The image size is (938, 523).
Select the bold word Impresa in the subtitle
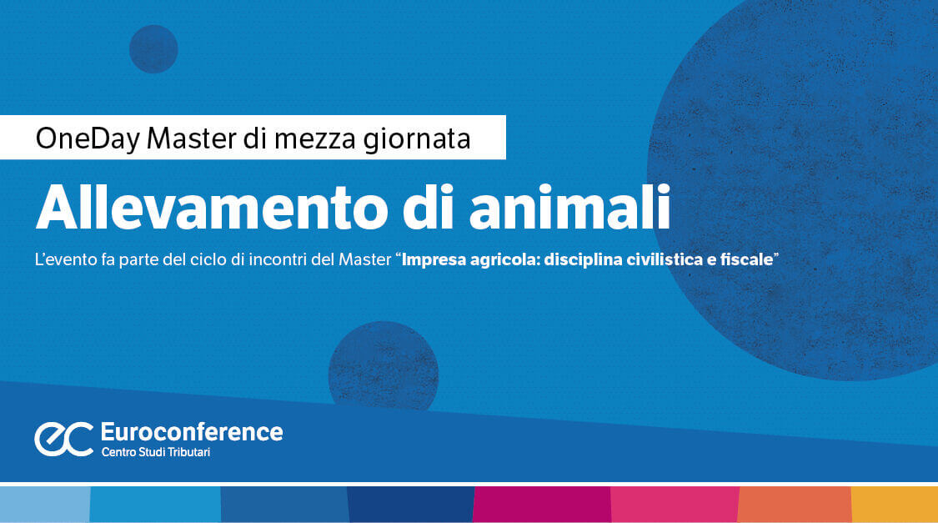pyautogui.click(x=434, y=261)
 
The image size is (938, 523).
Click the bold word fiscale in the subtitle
pyautogui.click(x=746, y=261)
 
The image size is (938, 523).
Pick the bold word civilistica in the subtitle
pyautogui.click(x=658, y=261)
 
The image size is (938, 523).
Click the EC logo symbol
pyautogui.click(x=63, y=439)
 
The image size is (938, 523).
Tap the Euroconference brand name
pyautogui.click(x=191, y=432)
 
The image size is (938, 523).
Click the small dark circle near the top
pyautogui.click(x=153, y=48)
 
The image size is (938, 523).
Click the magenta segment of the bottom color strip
pyautogui.click(x=542, y=505)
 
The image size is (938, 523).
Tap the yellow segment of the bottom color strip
pyautogui.click(x=894, y=505)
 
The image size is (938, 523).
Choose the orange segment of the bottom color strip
pyautogui.click(x=795, y=505)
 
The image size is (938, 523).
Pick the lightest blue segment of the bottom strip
pyautogui.click(x=44, y=505)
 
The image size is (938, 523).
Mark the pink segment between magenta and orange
pyautogui.click(x=675, y=505)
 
